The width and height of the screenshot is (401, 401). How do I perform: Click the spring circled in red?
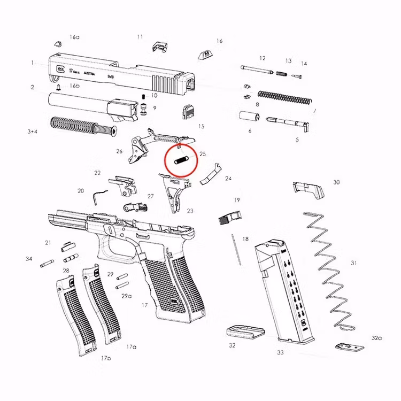(x=181, y=159)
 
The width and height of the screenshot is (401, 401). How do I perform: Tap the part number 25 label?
(x=203, y=154)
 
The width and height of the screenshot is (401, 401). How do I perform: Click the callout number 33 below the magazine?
(x=280, y=353)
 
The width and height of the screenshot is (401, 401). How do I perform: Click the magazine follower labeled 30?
(x=309, y=189)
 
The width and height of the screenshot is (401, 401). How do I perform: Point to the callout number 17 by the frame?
(x=144, y=305)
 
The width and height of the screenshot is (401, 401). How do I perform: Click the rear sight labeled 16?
(x=203, y=53)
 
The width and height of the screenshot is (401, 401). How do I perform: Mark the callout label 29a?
(x=126, y=296)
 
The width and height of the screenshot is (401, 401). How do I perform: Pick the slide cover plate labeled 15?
(x=188, y=112)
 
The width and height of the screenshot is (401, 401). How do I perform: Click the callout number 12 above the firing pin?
(x=263, y=58)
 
